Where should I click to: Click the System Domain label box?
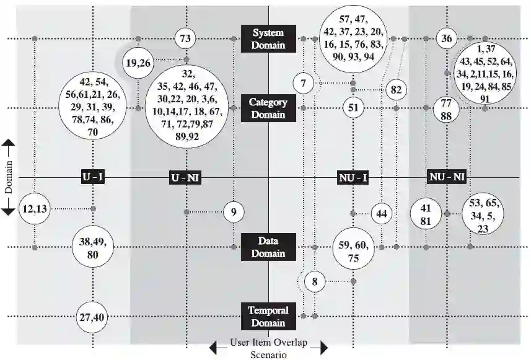tap(268, 38)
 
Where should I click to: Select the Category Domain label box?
tap(268, 108)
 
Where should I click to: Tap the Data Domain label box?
tap(268, 247)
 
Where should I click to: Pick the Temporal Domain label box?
tap(268, 316)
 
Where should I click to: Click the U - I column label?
tap(93, 178)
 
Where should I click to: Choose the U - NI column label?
tap(186, 178)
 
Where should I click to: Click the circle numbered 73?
tap(185, 39)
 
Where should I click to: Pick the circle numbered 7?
tap(303, 83)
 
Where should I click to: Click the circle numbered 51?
tap(353, 108)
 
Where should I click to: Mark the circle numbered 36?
tap(446, 38)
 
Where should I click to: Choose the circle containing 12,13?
tap(34, 209)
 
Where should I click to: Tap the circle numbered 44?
tap(382, 213)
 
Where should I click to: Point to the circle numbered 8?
tap(315, 282)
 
